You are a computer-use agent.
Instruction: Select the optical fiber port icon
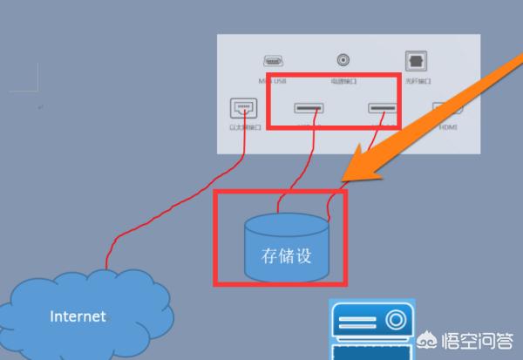point(415,60)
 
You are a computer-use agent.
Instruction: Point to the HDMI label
point(448,127)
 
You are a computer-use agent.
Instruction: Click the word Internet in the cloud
point(78,316)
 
